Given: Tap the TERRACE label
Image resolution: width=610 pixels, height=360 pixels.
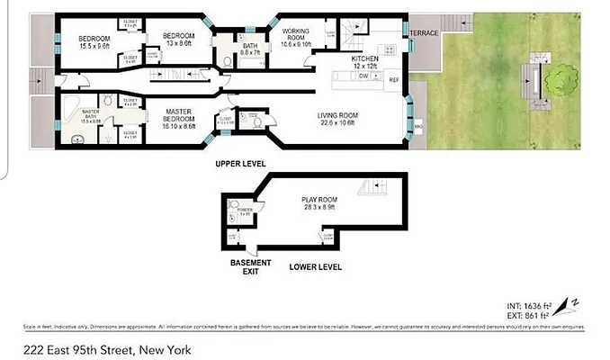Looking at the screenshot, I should (424, 33).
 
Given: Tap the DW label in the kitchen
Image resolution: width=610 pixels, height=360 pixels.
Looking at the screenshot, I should (363, 76).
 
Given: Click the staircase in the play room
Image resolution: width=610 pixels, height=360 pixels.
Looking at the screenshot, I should (372, 189).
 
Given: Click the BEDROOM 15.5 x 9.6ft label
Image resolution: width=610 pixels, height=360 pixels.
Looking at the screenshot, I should (94, 40).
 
